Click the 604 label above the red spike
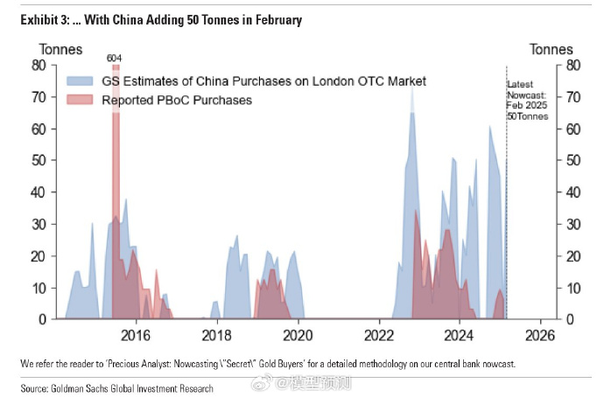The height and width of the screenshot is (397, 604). click(x=115, y=58)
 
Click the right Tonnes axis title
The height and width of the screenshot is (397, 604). click(x=551, y=49)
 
